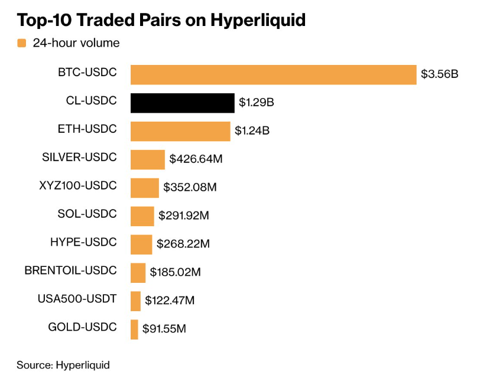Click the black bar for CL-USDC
[182, 103]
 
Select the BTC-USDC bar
[273, 74]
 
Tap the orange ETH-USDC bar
[180, 131]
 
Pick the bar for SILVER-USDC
[147, 159]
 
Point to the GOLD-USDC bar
[134, 329]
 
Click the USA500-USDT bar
[135, 301]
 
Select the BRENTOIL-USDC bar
[138, 273]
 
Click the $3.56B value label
[439, 74]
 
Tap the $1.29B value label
[256, 103]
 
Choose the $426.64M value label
[196, 159]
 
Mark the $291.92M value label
[183, 216]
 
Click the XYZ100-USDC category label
[79, 185]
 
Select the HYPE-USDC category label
[83, 242]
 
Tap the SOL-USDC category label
[87, 213]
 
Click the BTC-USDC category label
[87, 72]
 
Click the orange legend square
[21, 43]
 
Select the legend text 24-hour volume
[76, 43]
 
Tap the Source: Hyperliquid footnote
[63, 364]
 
